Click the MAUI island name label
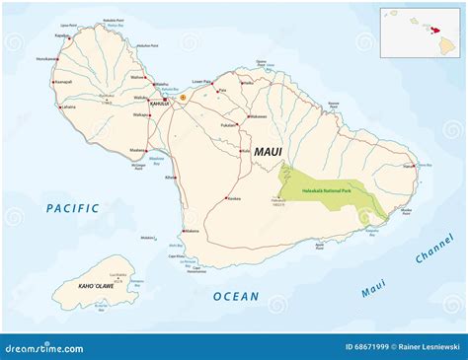click(x=269, y=152)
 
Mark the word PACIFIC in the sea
click(x=72, y=207)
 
